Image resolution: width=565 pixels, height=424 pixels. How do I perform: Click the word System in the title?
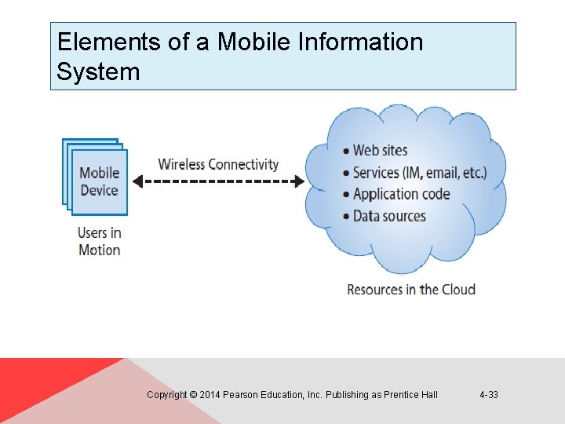click(98, 72)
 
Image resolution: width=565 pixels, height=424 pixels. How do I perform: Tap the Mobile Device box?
click(99, 181)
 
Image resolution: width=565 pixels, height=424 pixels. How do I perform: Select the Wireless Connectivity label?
click(218, 164)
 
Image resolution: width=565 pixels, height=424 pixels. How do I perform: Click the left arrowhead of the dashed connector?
click(136, 181)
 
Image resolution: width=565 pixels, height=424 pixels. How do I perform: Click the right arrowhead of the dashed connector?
click(299, 181)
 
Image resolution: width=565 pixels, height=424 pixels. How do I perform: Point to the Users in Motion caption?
click(99, 241)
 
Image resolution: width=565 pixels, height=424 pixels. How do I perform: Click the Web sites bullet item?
click(380, 150)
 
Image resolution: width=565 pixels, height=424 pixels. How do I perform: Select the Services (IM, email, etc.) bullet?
click(419, 172)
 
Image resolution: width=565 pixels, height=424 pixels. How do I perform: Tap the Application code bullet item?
click(401, 194)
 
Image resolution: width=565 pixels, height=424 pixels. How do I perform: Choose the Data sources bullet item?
click(389, 216)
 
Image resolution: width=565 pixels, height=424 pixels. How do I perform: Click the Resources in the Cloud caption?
click(411, 289)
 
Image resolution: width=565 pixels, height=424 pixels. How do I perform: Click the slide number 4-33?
click(488, 395)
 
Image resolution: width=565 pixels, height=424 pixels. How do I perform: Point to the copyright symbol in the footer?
click(193, 395)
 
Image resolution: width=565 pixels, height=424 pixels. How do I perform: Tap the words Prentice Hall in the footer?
click(410, 395)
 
